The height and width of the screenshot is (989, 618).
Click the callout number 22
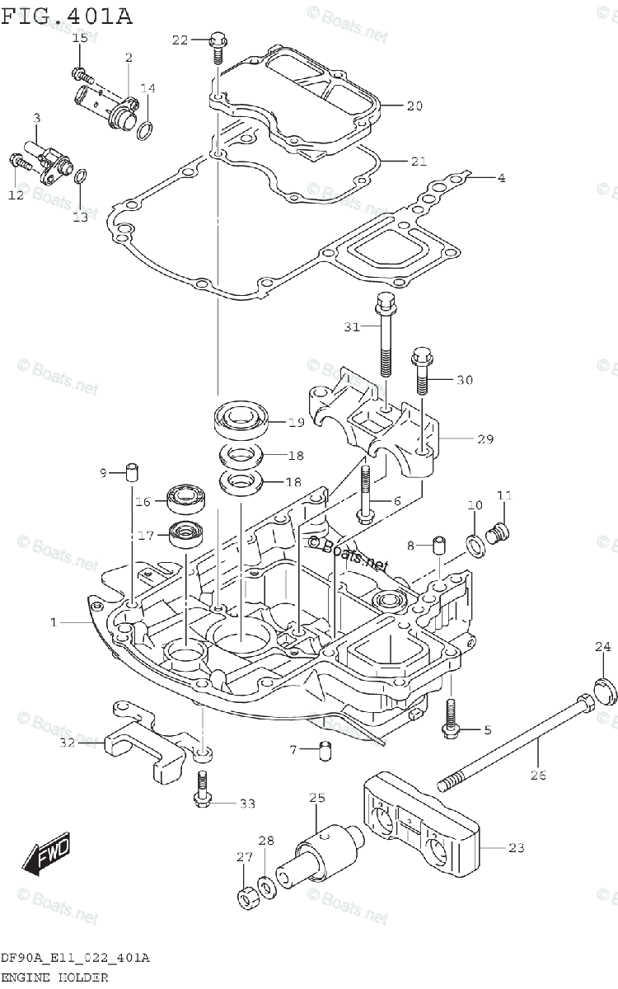[180, 40]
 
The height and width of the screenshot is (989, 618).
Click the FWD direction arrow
[47, 852]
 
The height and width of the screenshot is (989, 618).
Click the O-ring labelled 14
[145, 129]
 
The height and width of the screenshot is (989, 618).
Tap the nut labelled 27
[245, 897]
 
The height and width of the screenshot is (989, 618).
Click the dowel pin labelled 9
[132, 471]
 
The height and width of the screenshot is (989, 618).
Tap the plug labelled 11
[498, 535]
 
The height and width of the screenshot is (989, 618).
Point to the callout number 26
[539, 775]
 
